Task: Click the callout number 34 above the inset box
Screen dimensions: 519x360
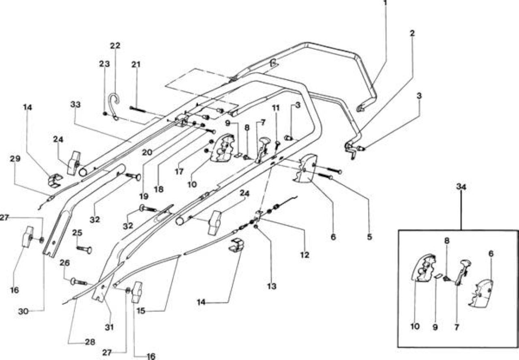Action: click(461, 187)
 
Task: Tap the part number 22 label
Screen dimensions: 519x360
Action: click(115, 45)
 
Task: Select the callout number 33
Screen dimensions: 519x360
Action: click(75, 105)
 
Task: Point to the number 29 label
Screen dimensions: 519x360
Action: click(15, 159)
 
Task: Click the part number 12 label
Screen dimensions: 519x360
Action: click(305, 255)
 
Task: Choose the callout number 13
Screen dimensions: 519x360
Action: click(272, 286)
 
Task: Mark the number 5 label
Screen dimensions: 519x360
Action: click(369, 237)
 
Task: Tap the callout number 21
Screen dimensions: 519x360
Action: click(136, 64)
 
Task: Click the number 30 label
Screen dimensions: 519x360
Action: click(23, 311)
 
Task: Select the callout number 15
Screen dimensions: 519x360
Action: click(141, 311)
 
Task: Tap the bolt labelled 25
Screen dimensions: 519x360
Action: click(84, 249)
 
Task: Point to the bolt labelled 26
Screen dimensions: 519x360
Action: click(79, 282)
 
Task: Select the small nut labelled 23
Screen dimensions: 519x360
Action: click(105, 114)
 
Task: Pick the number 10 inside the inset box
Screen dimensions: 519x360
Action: click(415, 326)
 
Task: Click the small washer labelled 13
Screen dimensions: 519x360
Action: click(256, 226)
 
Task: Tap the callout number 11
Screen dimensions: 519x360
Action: click(276, 108)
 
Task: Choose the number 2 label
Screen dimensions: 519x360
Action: click(412, 33)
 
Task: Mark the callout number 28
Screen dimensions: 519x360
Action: click(90, 342)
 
